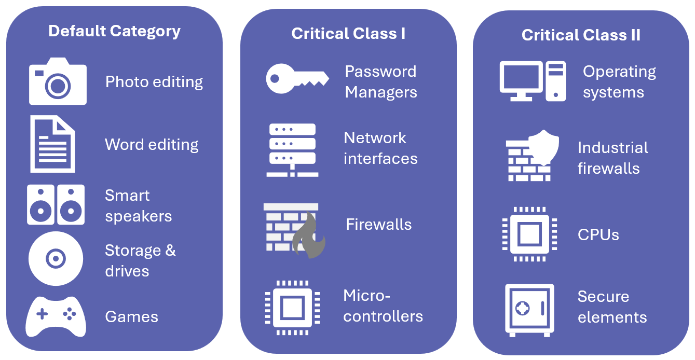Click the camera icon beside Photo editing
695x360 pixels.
tap(58, 82)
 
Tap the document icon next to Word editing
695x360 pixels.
tap(52, 144)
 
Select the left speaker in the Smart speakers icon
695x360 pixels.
tap(40, 204)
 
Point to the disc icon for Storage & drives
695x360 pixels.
tap(56, 258)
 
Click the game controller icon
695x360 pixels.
tap(56, 316)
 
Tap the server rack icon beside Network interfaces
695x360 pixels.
tap(292, 150)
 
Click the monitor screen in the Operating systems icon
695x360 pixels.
tap(521, 78)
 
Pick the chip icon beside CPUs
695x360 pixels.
tap(529, 234)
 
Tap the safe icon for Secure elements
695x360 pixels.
tap(529, 310)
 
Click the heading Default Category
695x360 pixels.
tap(114, 31)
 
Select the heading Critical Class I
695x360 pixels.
tap(348, 34)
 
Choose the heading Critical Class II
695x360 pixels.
tap(581, 35)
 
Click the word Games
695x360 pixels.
tap(131, 317)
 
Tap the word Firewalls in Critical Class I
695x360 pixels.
tap(378, 225)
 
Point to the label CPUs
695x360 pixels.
tap(598, 235)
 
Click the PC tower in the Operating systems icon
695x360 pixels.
tap(555, 81)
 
